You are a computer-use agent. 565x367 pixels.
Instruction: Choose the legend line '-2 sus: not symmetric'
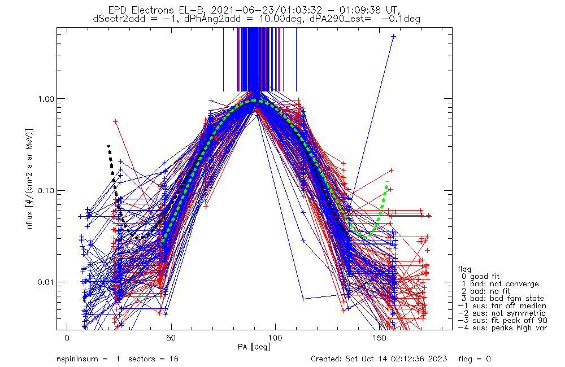(x=502, y=313)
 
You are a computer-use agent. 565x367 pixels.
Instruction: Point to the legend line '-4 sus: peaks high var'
(x=502, y=327)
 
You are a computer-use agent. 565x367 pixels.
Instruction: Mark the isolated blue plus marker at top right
(x=393, y=36)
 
